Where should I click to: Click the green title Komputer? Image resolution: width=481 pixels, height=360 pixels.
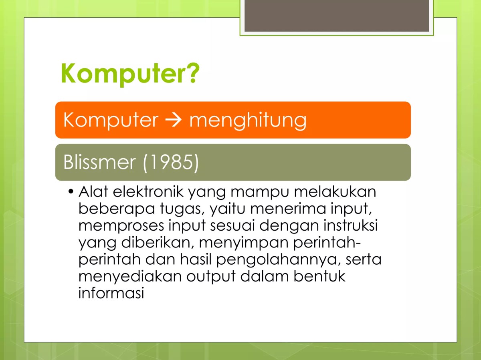[130, 74]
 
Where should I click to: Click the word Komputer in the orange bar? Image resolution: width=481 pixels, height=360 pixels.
[111, 120]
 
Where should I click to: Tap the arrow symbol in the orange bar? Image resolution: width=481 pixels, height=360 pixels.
[174, 120]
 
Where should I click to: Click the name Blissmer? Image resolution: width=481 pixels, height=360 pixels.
[99, 162]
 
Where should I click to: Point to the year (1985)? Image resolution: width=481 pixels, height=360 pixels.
[171, 162]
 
